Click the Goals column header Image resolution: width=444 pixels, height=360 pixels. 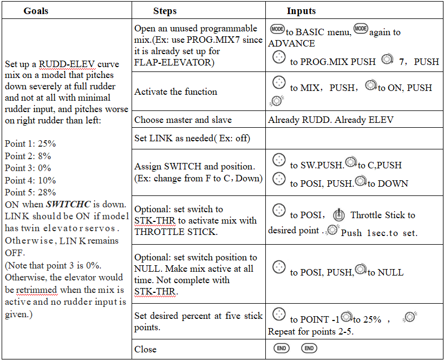pyautogui.click(x=36, y=11)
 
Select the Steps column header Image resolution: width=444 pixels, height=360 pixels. pyautogui.click(x=165, y=11)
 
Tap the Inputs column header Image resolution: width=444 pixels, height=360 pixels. pyautogui.click(x=301, y=11)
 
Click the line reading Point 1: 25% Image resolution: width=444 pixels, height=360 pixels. pyautogui.click(x=30, y=145)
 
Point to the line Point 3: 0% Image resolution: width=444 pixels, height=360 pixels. pyautogui.click(x=28, y=168)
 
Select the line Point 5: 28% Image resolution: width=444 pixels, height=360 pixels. pyautogui.click(x=30, y=192)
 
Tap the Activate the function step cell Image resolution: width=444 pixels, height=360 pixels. pyautogui.click(x=175, y=91)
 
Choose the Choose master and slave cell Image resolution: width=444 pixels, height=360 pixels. pyautogui.click(x=183, y=120)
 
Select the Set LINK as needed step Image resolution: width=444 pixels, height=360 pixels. pyautogui.click(x=192, y=138)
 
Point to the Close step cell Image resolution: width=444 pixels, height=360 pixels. pyautogui.click(x=146, y=349)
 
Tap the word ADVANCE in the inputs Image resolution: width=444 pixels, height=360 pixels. pyautogui.click(x=291, y=43)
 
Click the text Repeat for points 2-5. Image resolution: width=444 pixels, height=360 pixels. pyautogui.click(x=310, y=331)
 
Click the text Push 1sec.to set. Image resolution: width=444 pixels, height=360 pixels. pyautogui.click(x=379, y=233)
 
